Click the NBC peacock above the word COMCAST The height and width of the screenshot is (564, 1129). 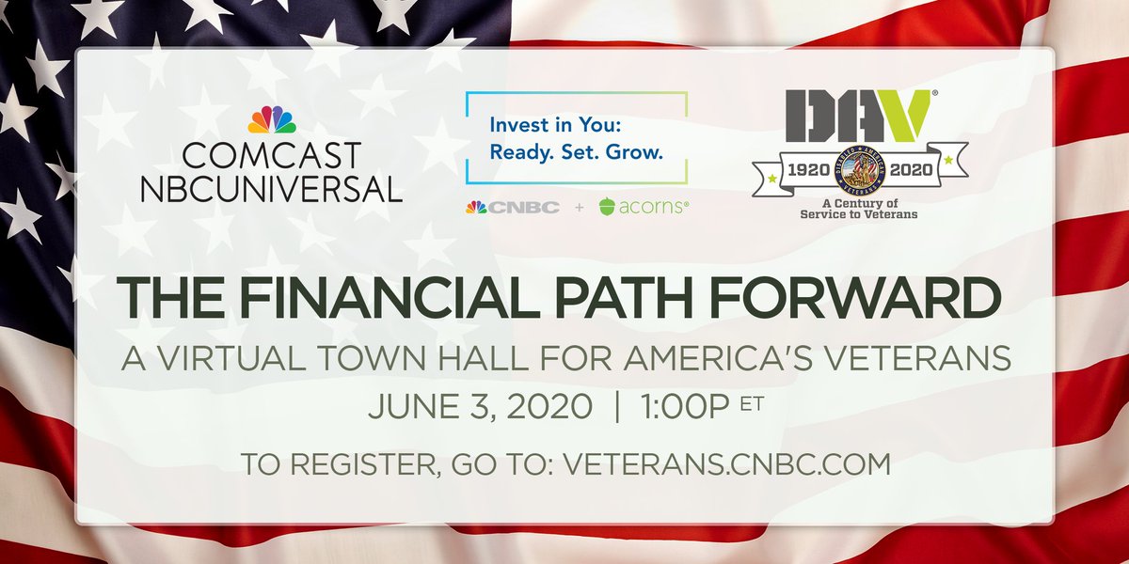click(271, 119)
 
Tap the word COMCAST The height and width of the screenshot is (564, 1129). click(271, 154)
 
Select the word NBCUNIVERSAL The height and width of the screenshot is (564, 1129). click(271, 187)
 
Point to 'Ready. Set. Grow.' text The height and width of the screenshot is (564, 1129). click(578, 150)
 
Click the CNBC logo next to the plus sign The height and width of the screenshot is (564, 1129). click(512, 207)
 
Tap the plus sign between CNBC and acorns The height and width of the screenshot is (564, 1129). click(578, 207)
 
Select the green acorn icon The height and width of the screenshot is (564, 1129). click(608, 207)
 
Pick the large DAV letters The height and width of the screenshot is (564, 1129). click(851, 116)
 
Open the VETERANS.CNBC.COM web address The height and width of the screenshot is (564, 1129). click(725, 463)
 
